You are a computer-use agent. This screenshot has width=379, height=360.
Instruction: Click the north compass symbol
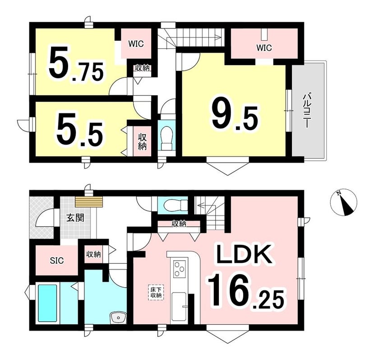(343, 202)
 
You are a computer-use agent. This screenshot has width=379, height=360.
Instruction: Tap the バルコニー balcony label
(306, 111)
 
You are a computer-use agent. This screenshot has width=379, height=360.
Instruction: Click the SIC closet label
(57, 260)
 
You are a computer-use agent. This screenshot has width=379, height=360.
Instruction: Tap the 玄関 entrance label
(75, 218)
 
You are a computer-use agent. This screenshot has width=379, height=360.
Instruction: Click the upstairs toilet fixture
(166, 138)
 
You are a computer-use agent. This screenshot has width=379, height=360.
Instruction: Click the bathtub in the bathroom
(48, 304)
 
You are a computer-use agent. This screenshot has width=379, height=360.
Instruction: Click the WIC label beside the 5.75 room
(136, 44)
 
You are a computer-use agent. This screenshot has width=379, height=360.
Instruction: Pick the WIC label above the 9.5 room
(264, 48)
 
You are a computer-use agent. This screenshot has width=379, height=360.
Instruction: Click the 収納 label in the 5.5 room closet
(143, 142)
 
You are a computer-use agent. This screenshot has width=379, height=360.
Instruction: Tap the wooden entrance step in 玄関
(89, 202)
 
